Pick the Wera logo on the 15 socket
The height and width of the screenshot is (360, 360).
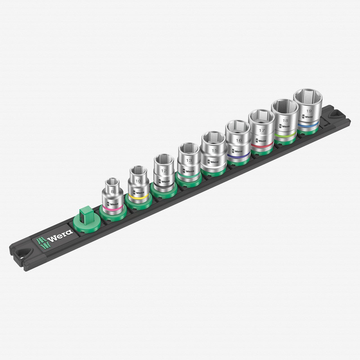point(212,162)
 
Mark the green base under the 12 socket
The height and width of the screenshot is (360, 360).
point(163,192)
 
